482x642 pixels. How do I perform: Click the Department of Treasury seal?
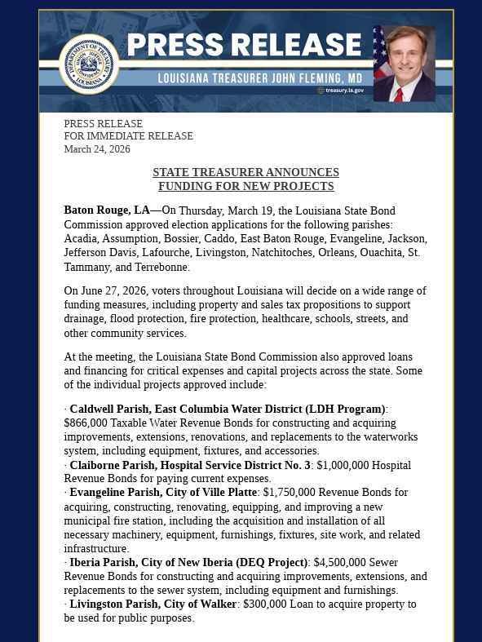(x=88, y=64)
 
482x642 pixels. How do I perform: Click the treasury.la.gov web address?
(x=343, y=91)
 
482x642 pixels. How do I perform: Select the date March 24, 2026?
(x=97, y=149)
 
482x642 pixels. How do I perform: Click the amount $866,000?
(x=87, y=423)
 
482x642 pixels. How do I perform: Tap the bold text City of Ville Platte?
(x=206, y=493)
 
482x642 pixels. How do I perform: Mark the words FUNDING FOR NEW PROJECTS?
(x=245, y=187)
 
